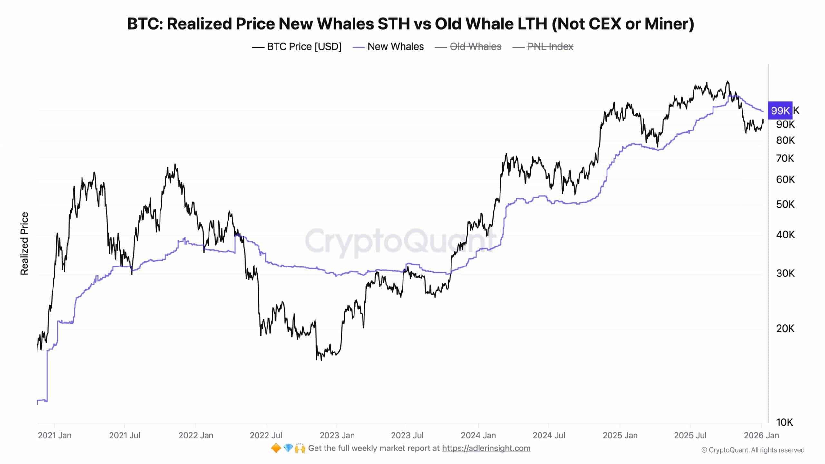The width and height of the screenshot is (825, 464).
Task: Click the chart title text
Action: pyautogui.click(x=410, y=24)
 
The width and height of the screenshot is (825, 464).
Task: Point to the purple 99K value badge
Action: pyautogui.click(x=780, y=111)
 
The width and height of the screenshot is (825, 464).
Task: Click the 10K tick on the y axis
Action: pyautogui.click(x=784, y=422)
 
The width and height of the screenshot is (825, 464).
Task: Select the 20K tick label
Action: pyautogui.click(x=785, y=328)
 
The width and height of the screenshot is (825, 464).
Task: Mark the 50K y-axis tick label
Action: pyautogui.click(x=785, y=204)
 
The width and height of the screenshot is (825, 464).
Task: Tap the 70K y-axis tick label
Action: pyautogui.click(x=785, y=159)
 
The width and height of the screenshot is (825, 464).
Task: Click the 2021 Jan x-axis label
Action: pyautogui.click(x=54, y=435)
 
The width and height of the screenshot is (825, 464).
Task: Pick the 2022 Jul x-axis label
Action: pyautogui.click(x=266, y=435)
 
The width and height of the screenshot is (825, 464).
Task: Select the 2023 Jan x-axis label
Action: pyautogui.click(x=337, y=435)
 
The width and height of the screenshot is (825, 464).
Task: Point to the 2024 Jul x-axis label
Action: pyautogui.click(x=548, y=435)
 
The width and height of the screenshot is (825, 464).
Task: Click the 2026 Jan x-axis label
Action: pyautogui.click(x=761, y=435)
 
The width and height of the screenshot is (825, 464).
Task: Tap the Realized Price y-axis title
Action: pyautogui.click(x=24, y=244)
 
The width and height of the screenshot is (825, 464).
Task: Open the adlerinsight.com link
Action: pyautogui.click(x=486, y=448)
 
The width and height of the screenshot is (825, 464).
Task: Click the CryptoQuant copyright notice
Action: pyautogui.click(x=753, y=450)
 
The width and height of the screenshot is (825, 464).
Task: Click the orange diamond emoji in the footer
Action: pyautogui.click(x=276, y=448)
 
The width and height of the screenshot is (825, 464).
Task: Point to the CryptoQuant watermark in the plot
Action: pyautogui.click(x=400, y=241)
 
